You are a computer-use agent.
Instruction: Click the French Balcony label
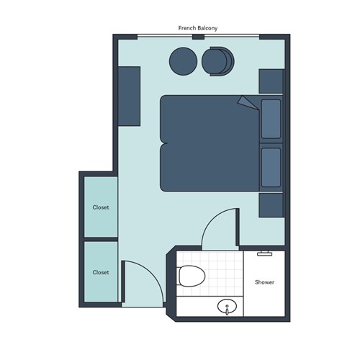pyautogui.click(x=198, y=28)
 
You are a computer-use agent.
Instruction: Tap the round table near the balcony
pyautogui.click(x=183, y=61)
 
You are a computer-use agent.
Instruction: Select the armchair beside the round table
pyautogui.click(x=218, y=61)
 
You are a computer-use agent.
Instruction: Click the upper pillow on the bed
pyautogui.click(x=271, y=119)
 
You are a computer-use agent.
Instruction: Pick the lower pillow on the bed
pyautogui.click(x=271, y=167)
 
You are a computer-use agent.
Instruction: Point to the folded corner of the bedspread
pyautogui.click(x=248, y=103)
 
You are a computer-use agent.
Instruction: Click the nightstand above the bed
pyautogui.click(x=271, y=81)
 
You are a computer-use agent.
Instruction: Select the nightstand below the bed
pyautogui.click(x=271, y=205)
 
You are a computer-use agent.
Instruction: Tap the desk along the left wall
pyautogui.click(x=129, y=96)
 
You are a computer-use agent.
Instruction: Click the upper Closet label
pyautogui.click(x=101, y=207)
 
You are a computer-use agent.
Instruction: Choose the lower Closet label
pyautogui.click(x=101, y=272)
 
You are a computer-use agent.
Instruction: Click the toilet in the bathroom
pyautogui.click(x=192, y=276)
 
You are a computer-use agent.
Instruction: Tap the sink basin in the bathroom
pyautogui.click(x=227, y=307)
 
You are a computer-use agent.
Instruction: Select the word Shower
pyautogui.click(x=264, y=282)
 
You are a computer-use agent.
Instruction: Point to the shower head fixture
pyautogui.click(x=264, y=253)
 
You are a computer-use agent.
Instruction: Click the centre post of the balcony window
pyautogui.click(x=199, y=37)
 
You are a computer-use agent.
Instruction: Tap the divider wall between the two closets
pyautogui.click(x=101, y=239)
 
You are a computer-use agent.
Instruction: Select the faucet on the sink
pyautogui.click(x=227, y=310)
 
